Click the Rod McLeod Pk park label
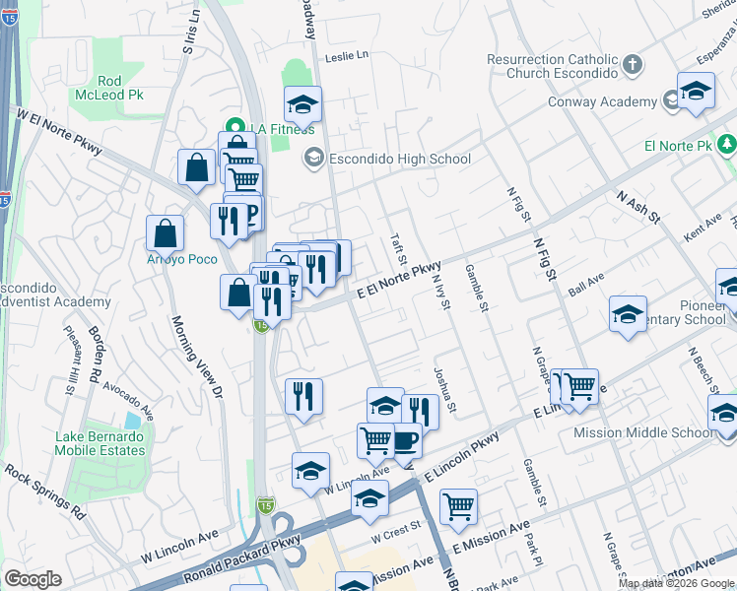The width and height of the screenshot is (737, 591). click(x=110, y=88)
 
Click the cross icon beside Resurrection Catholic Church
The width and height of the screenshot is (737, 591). click(x=633, y=66)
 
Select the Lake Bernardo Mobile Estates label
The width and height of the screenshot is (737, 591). click(x=101, y=443)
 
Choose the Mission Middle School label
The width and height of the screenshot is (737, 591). click(x=644, y=432)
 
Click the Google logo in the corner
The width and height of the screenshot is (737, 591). click(x=33, y=579)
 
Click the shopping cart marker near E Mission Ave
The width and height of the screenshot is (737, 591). click(x=458, y=505)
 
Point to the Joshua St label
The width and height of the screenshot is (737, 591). click(x=444, y=390)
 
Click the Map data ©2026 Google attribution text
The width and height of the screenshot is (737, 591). click(x=676, y=583)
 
